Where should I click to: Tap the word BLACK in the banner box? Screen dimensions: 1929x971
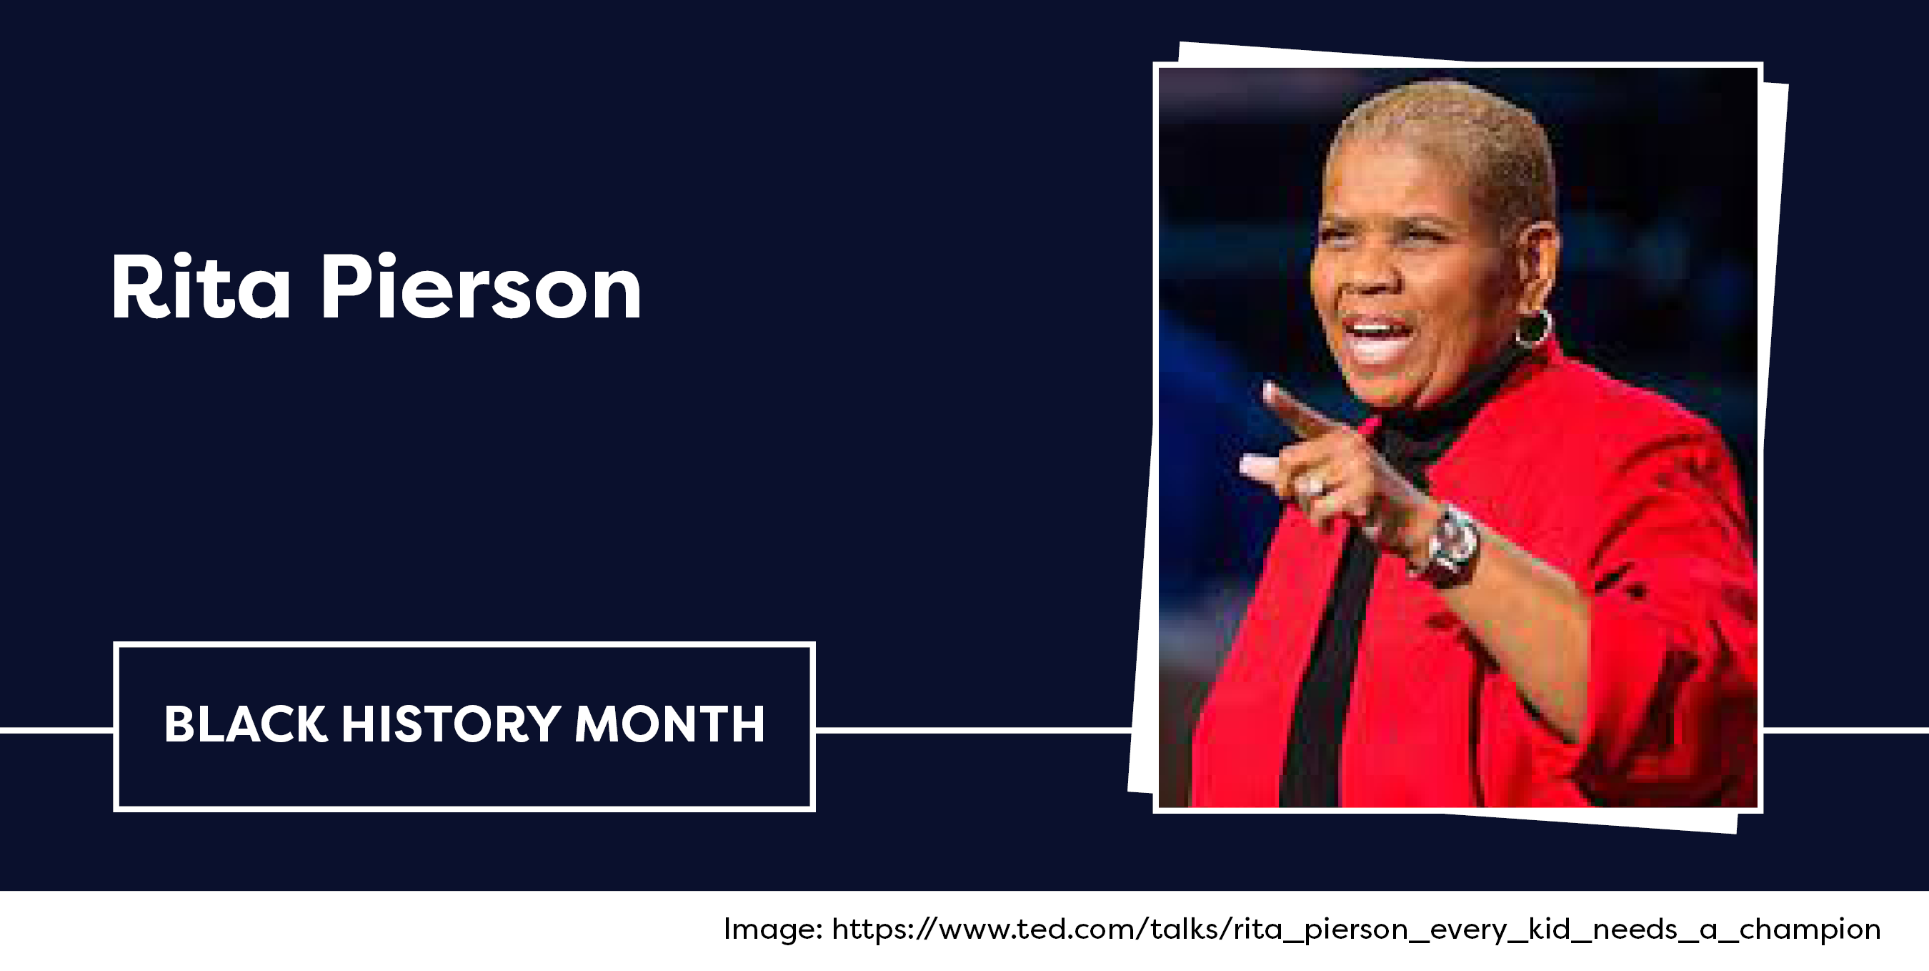click(246, 724)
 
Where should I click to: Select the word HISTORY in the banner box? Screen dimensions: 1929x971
click(451, 724)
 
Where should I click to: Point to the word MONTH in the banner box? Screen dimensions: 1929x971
click(669, 724)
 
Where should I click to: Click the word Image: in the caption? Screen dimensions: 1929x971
click(774, 929)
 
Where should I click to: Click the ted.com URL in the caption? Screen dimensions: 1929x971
click(1356, 930)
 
